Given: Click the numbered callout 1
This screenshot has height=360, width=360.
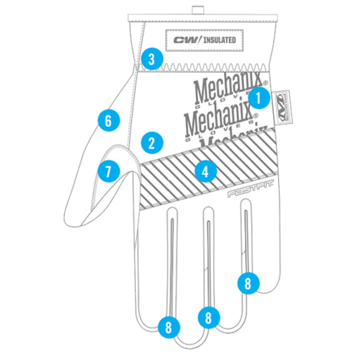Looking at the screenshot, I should pos(258,99).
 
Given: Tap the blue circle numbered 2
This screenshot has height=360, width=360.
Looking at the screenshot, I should pos(152,143).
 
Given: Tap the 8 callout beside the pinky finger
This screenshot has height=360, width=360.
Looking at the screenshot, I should pos(248,283).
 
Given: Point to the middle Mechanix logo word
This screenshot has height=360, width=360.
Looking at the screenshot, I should pos(218,118).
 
